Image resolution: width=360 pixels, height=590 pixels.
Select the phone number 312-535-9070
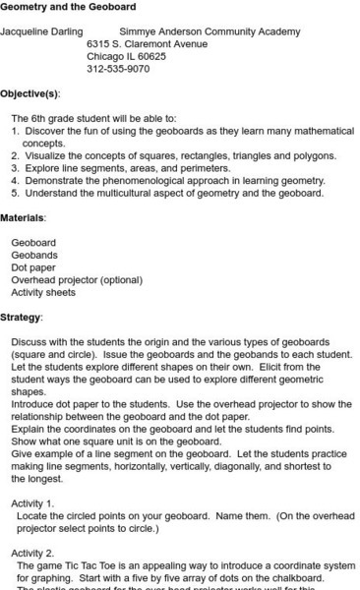tap(118, 69)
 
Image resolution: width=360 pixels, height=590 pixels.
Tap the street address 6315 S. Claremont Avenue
tap(147, 44)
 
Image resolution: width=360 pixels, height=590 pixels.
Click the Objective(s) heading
tap(30, 93)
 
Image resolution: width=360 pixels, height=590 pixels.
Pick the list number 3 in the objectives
tap(15, 168)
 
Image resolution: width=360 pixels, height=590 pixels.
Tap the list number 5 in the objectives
tap(15, 193)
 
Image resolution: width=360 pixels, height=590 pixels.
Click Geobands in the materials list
tap(34, 255)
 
